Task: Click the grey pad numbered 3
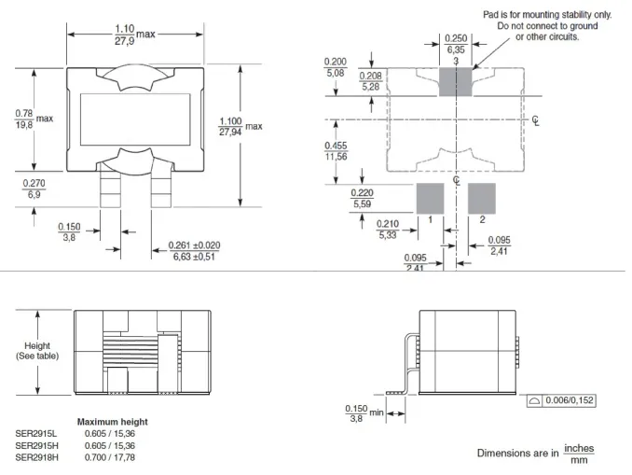[x=456, y=82]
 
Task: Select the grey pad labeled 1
[x=430, y=198]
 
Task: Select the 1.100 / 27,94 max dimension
[x=240, y=127]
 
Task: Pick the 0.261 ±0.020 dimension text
[x=195, y=251]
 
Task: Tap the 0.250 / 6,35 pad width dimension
[x=456, y=45]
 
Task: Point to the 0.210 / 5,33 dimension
[x=389, y=230]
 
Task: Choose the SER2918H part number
[x=37, y=456]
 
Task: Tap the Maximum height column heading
[x=112, y=422]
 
